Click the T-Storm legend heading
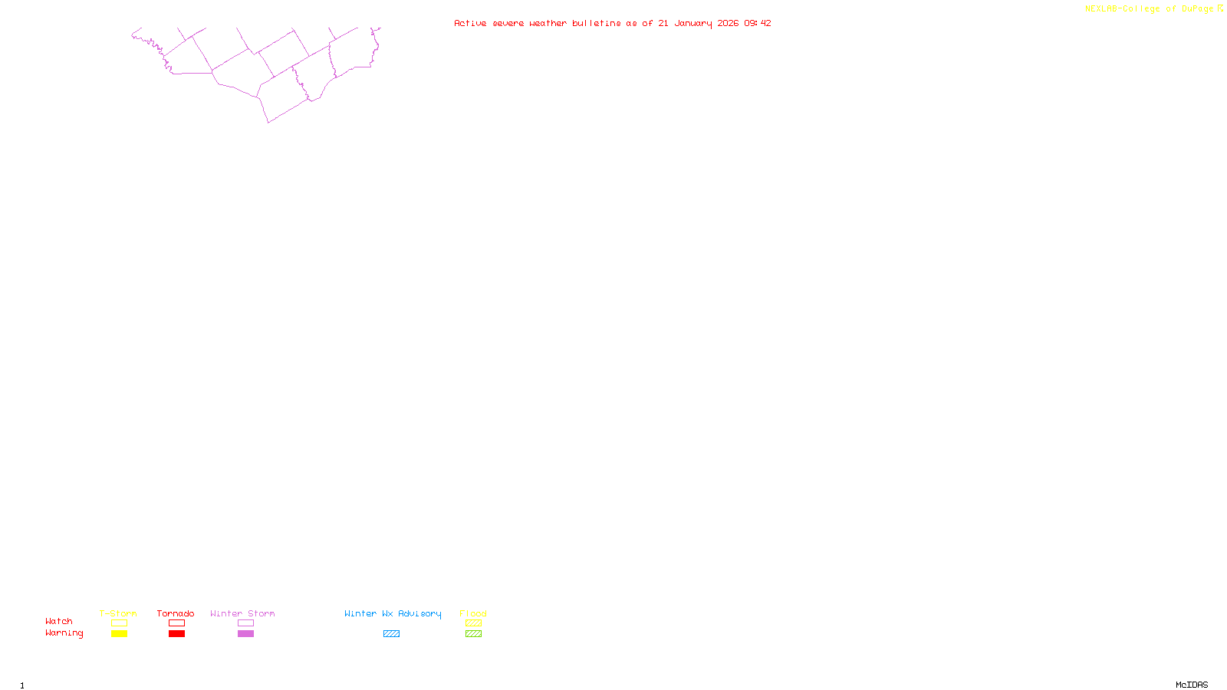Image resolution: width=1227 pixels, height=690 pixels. click(x=118, y=613)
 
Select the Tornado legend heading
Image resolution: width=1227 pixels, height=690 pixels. click(x=176, y=613)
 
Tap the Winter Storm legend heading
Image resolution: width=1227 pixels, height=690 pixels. click(x=242, y=613)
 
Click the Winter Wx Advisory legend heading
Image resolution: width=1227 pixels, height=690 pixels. click(x=393, y=613)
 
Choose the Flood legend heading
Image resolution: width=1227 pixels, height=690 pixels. click(x=473, y=613)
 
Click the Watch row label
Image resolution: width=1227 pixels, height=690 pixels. click(x=59, y=621)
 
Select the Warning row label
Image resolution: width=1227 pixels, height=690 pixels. click(x=64, y=633)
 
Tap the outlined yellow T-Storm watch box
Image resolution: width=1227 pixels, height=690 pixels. click(x=119, y=623)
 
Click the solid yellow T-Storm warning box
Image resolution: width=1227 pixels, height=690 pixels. click(x=119, y=634)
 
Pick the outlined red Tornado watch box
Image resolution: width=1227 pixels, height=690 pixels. click(x=176, y=623)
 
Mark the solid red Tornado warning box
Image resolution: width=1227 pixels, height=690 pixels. click(x=176, y=634)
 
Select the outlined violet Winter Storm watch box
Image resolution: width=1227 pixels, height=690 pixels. click(x=245, y=623)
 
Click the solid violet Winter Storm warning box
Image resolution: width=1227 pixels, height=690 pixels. click(x=245, y=634)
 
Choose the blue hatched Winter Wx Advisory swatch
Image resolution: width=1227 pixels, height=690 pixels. click(x=391, y=634)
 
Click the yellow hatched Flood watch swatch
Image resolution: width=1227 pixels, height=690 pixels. click(x=473, y=623)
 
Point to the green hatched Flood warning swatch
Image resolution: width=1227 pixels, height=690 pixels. click(x=473, y=634)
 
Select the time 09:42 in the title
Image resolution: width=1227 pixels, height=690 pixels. click(x=758, y=23)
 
